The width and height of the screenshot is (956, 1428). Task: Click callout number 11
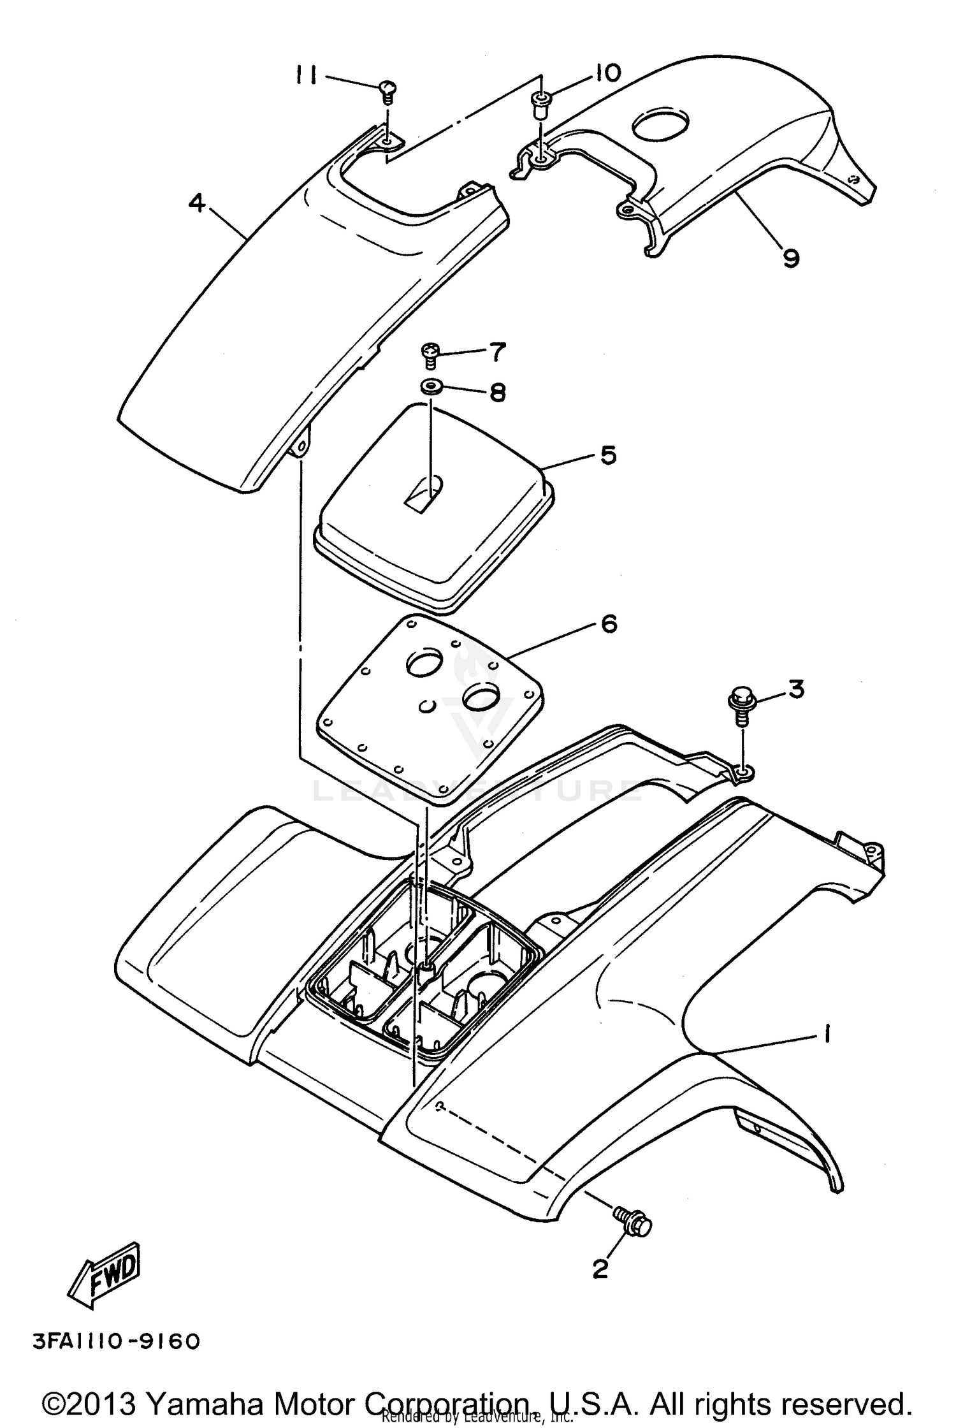click(306, 76)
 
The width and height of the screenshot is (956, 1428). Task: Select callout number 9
click(790, 258)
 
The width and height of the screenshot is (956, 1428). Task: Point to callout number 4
click(197, 203)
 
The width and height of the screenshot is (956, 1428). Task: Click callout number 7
click(496, 351)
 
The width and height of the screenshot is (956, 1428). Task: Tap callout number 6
click(609, 623)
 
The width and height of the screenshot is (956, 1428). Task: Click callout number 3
click(796, 689)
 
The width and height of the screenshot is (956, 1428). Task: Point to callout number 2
click(600, 1269)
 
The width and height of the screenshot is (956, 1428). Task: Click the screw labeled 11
click(387, 91)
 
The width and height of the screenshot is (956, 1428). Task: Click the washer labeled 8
click(431, 387)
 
